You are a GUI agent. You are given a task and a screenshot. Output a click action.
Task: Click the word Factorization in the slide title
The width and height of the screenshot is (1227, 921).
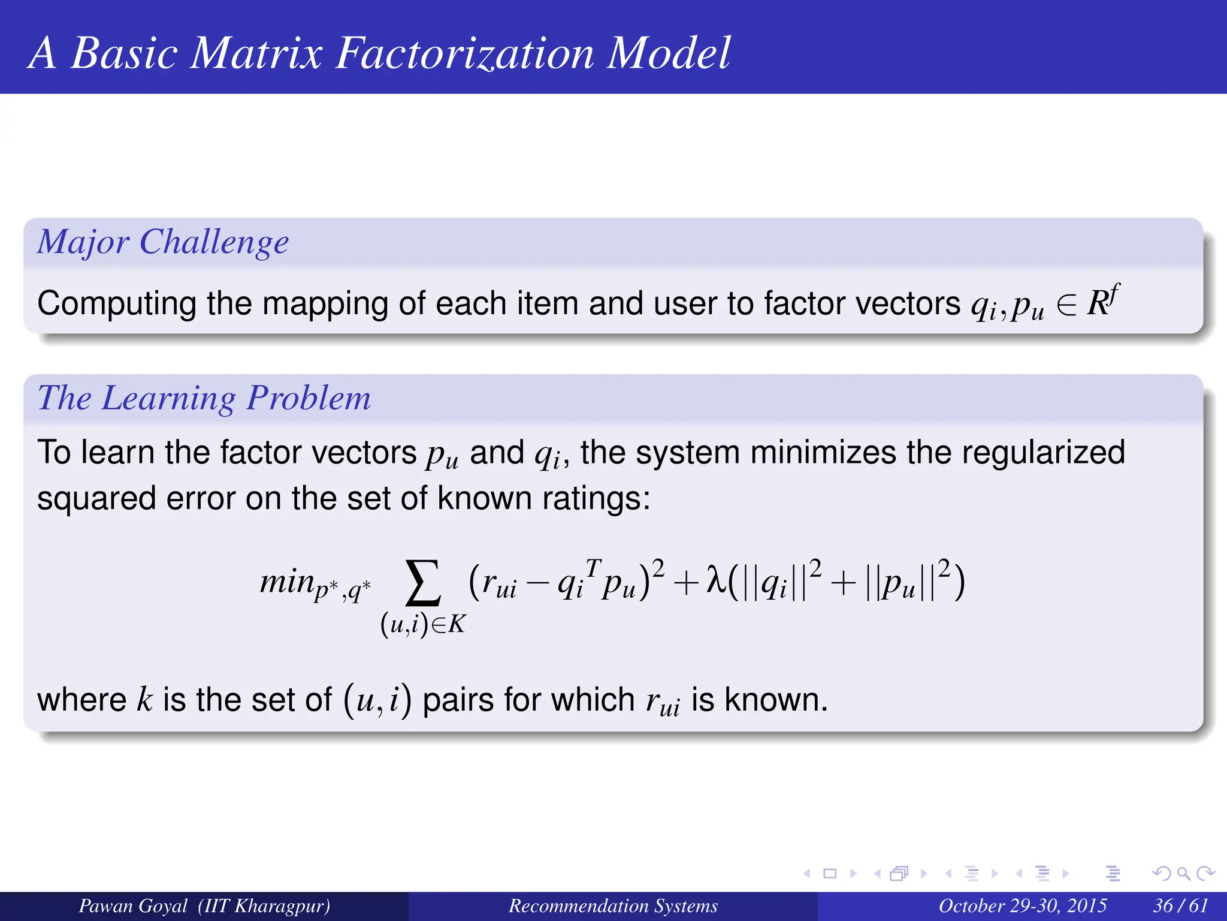[464, 54]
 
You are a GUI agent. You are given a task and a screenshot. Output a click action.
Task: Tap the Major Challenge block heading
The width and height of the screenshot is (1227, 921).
[163, 242]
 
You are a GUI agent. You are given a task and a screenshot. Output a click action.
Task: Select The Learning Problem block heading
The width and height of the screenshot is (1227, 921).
[204, 398]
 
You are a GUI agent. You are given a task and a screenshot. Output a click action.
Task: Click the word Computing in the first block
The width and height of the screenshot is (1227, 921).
[116, 303]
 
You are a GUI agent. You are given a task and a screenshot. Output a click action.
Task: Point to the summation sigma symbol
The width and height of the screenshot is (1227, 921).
[423, 583]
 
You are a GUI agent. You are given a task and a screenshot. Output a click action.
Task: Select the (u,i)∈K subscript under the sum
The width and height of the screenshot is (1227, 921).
[423, 625]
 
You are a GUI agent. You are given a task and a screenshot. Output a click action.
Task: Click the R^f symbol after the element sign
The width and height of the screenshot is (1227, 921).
[1102, 301]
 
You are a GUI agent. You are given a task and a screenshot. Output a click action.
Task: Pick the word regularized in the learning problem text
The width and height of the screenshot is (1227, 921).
[1043, 453]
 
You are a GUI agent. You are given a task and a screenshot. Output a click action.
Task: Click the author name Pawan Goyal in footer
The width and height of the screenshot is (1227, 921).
[133, 905]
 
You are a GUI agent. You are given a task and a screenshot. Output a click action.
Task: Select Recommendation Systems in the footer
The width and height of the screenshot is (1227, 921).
[613, 905]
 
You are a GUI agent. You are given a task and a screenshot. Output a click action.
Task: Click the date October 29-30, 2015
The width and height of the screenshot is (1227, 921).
[1022, 905]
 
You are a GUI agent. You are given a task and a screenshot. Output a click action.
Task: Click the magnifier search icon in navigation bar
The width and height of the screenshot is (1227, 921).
[1183, 874]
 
